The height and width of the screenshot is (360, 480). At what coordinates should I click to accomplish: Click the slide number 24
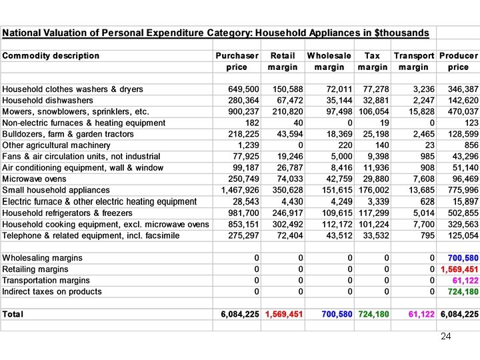point(446,337)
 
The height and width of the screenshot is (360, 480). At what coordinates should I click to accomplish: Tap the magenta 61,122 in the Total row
point(421,314)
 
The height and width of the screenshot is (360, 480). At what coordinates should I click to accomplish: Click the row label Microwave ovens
point(34,179)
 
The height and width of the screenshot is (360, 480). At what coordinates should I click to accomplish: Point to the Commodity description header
point(51,56)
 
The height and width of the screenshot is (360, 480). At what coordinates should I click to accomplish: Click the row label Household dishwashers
point(47,101)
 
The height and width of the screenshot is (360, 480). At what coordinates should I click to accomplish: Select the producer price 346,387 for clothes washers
point(463,89)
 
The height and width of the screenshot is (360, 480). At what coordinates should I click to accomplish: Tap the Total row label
point(13,314)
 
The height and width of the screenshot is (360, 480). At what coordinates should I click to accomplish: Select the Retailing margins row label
point(35,269)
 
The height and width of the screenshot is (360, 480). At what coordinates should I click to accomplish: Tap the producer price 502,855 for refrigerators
point(463,213)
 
